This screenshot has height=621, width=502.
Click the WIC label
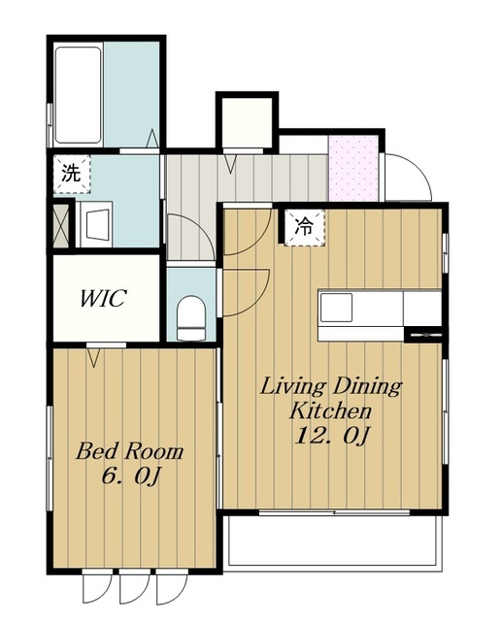click(103, 298)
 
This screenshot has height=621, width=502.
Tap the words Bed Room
click(129, 452)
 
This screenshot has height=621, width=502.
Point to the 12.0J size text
click(332, 436)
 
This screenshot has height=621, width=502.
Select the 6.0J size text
click(131, 475)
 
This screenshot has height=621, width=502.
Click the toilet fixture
click(191, 318)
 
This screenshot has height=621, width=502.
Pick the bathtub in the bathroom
click(78, 95)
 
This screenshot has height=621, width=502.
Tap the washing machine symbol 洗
click(72, 174)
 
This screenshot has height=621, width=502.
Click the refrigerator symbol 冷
click(304, 227)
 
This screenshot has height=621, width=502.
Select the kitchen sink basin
click(336, 308)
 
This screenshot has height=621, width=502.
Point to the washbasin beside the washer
click(96, 224)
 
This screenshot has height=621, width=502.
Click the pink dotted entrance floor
click(352, 169)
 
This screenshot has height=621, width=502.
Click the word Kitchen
click(330, 411)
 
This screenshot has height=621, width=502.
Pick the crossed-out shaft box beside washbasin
click(61, 226)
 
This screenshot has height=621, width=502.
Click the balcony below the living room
click(335, 542)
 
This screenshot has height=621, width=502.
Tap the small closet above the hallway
click(247, 122)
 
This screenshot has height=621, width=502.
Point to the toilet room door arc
click(246, 292)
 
